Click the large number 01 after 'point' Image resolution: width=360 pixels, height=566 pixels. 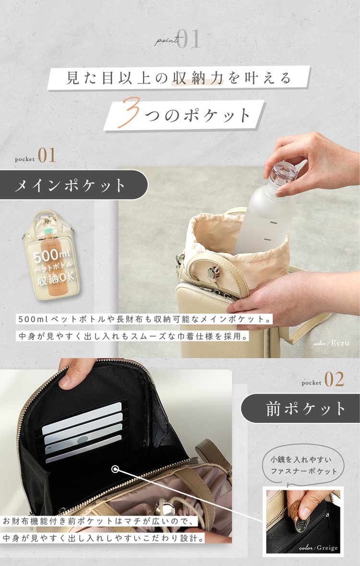tap(189, 39)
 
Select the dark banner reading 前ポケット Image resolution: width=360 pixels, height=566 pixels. tap(300, 408)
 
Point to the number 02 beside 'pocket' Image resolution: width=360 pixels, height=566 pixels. tap(334, 379)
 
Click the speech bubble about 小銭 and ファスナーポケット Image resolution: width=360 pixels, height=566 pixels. tap(303, 465)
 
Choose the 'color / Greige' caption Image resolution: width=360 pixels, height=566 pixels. tap(318, 548)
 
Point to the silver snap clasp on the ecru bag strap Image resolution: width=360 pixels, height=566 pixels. tap(214, 273)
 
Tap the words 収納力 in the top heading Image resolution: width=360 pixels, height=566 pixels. tap(197, 78)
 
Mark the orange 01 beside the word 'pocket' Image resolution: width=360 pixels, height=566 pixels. tap(47, 156)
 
